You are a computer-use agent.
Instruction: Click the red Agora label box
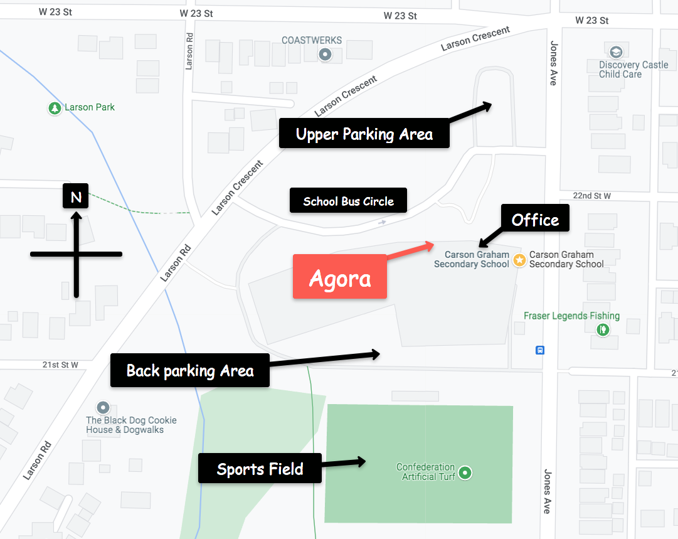click(x=339, y=276)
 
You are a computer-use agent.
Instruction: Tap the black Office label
click(x=535, y=219)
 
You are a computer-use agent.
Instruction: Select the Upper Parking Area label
click(x=364, y=133)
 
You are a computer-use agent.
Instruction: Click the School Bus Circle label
click(x=348, y=201)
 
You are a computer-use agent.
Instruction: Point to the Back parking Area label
click(x=190, y=370)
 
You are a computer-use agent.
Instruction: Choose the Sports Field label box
click(x=260, y=468)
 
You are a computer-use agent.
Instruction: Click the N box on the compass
click(x=76, y=196)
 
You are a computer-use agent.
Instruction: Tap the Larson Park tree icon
click(x=55, y=108)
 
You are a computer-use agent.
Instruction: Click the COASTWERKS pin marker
click(x=325, y=55)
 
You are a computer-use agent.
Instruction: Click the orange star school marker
click(x=519, y=260)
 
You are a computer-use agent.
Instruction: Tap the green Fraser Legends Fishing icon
click(x=603, y=328)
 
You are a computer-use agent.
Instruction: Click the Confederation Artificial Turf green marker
click(x=465, y=472)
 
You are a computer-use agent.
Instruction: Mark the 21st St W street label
click(x=60, y=365)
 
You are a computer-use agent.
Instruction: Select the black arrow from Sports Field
click(x=344, y=463)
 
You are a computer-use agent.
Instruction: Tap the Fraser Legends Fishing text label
click(x=571, y=316)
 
